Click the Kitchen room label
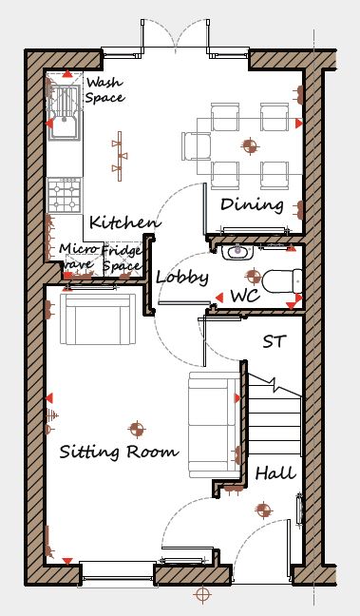tap(125, 222)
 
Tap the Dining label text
tap(252, 204)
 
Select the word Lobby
tap(182, 278)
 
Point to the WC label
tap(245, 296)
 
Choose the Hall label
tap(275, 473)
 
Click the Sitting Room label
tap(119, 452)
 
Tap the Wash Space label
tap(104, 90)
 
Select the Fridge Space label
tap(123, 259)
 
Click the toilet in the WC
tap(282, 280)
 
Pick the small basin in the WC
tap(237, 252)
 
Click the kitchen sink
tap(64, 113)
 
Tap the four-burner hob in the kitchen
tap(64, 195)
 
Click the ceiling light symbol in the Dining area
tap(250, 146)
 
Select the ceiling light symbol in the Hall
tap(263, 510)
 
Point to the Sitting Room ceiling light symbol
tap(137, 429)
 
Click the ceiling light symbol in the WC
tap(254, 276)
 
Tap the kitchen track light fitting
tap(120, 156)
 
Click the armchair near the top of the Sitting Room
tap(98, 319)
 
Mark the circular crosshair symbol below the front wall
tap(202, 595)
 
